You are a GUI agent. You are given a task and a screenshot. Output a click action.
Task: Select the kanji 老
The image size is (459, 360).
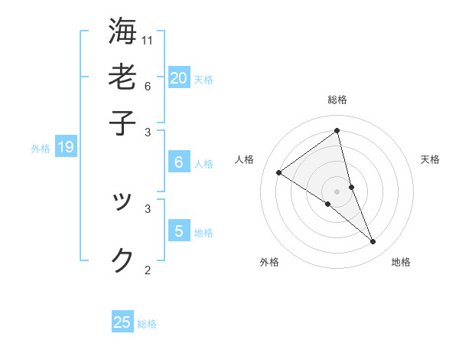[x=122, y=76]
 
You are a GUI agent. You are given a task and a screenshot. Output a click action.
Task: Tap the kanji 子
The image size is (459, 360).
[x=122, y=122]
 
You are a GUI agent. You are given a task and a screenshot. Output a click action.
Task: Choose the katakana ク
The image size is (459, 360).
[x=122, y=260]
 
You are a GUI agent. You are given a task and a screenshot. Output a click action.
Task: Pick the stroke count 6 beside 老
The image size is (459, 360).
[x=148, y=86]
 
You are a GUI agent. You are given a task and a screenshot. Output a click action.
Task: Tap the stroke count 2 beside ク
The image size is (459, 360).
[x=148, y=270]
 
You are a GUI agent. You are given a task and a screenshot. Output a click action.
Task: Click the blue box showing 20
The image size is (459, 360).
[x=179, y=77]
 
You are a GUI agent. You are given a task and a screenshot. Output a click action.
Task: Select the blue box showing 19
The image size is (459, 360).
[x=66, y=147]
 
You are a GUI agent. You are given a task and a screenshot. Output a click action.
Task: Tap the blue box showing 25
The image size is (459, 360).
[x=122, y=322]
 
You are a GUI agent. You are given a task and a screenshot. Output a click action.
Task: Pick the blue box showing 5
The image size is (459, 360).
[x=179, y=231]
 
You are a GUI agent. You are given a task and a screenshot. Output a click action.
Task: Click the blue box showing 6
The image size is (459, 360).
[x=179, y=162]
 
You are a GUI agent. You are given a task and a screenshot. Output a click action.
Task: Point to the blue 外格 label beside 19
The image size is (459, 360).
[x=41, y=149]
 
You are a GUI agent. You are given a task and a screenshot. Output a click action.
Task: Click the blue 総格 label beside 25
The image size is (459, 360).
[x=147, y=324]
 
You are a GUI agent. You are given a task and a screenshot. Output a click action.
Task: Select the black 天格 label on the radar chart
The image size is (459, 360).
[x=431, y=159]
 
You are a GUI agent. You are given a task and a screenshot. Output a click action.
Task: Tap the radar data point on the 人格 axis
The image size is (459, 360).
[x=278, y=173]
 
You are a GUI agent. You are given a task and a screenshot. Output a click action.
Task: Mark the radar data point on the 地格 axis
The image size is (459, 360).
[x=373, y=242]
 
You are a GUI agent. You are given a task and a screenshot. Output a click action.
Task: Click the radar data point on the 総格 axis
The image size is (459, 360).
[x=337, y=131]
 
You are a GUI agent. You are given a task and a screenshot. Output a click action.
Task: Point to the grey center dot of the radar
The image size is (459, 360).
[x=337, y=191]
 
